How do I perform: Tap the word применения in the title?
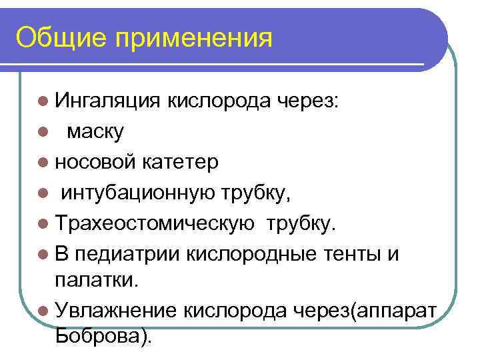194,38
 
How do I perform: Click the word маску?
95,132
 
